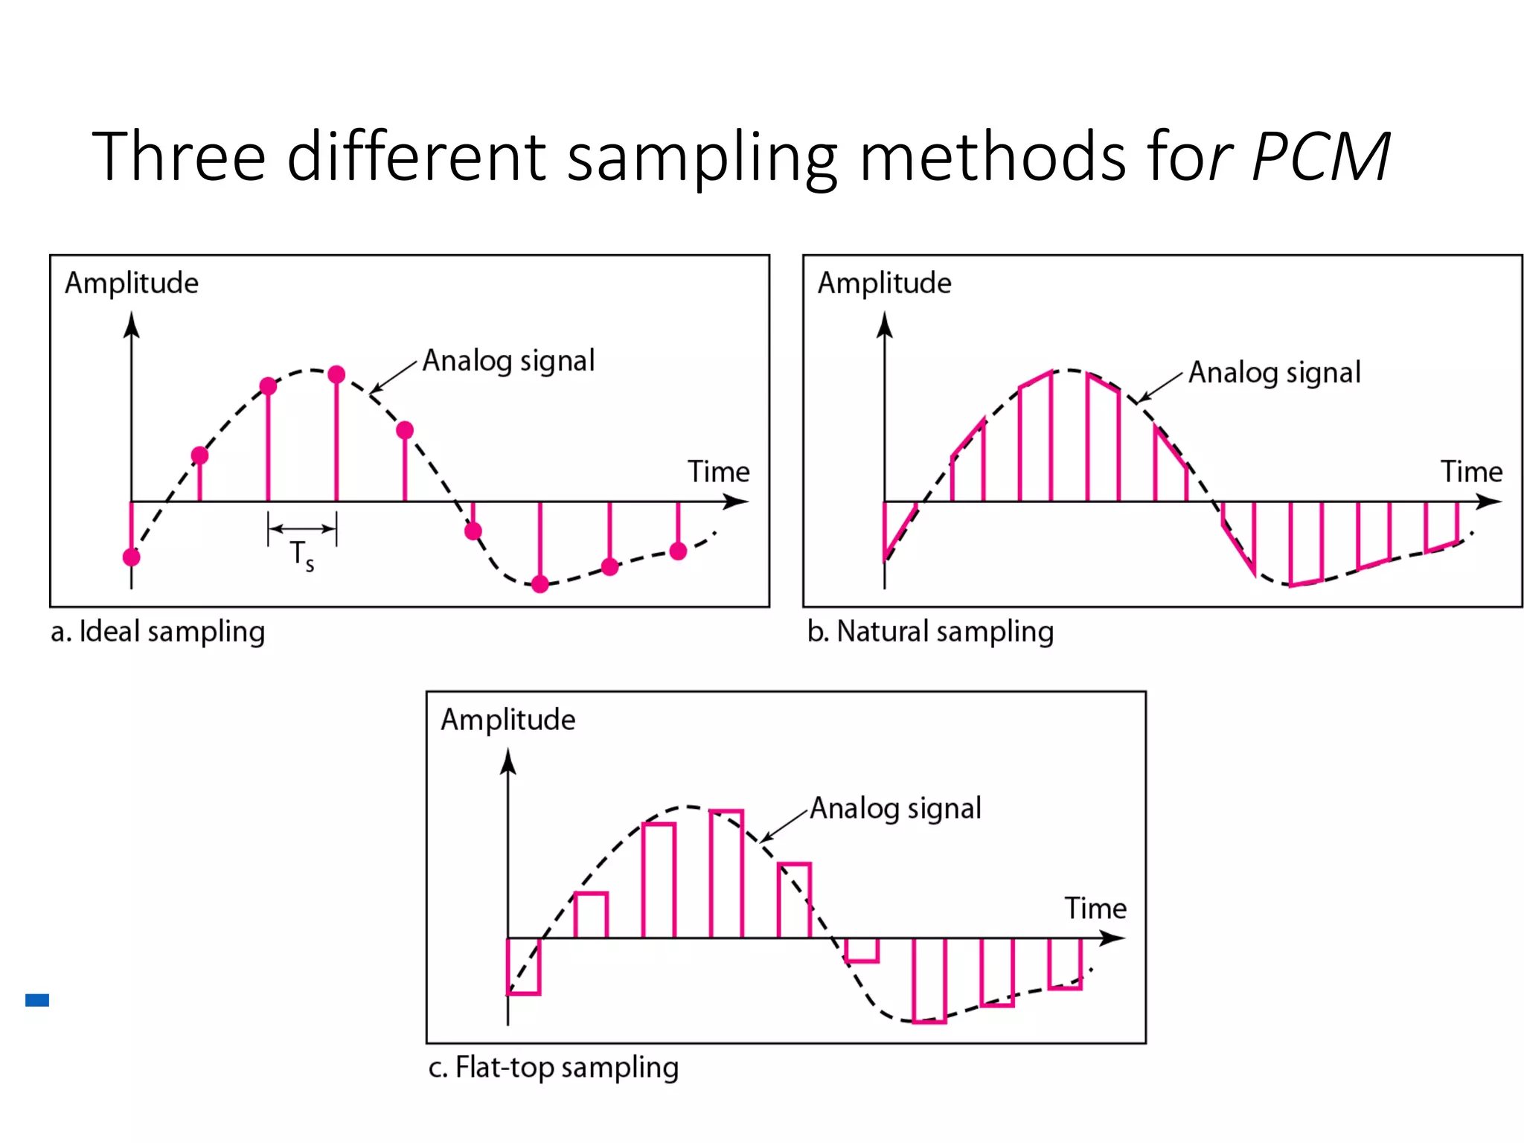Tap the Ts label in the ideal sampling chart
pos(302,555)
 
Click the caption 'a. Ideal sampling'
pos(158,632)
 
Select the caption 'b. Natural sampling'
pos(930,632)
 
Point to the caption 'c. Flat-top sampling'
pos(553,1068)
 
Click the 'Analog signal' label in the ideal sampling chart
pos(509,361)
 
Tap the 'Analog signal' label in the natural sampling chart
pos(1274,373)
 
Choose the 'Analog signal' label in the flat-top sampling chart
pos(895,809)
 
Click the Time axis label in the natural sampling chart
pos(1471,472)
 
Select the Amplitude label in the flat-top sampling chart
pos(508,720)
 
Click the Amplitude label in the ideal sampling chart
pos(132,284)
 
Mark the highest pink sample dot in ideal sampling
pos(336,374)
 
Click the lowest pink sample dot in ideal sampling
pos(540,584)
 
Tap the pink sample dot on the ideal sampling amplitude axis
pos(132,557)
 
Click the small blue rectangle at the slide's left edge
pos(37,1000)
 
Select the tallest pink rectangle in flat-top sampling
pos(726,874)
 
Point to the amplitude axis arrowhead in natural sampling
pos(884,325)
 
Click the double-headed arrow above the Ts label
pos(302,529)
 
